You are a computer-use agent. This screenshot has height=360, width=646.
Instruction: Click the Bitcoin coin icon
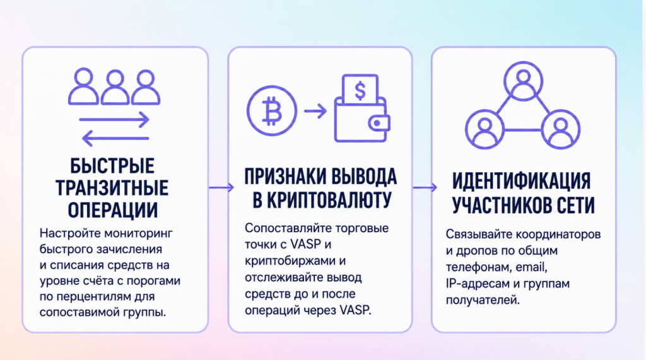tap(272, 111)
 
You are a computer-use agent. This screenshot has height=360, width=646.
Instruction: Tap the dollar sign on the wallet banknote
tap(360, 91)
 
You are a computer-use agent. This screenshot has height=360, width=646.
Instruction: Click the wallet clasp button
tap(377, 123)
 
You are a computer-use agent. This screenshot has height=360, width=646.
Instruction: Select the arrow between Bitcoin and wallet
tap(315, 111)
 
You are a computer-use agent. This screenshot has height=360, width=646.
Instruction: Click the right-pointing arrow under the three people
tap(114, 120)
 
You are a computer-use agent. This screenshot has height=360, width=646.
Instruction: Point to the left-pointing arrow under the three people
tap(115, 139)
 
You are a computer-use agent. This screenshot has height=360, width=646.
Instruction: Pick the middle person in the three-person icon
tap(115, 86)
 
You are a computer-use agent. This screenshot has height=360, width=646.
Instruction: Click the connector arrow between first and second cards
tap(221, 187)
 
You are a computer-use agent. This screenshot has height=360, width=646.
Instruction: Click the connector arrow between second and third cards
tap(425, 187)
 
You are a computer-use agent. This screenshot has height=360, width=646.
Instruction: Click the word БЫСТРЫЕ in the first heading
tap(112, 166)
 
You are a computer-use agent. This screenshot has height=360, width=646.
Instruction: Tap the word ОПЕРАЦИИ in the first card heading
tap(113, 210)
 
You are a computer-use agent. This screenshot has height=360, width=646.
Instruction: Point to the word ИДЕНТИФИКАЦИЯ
tap(522, 182)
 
